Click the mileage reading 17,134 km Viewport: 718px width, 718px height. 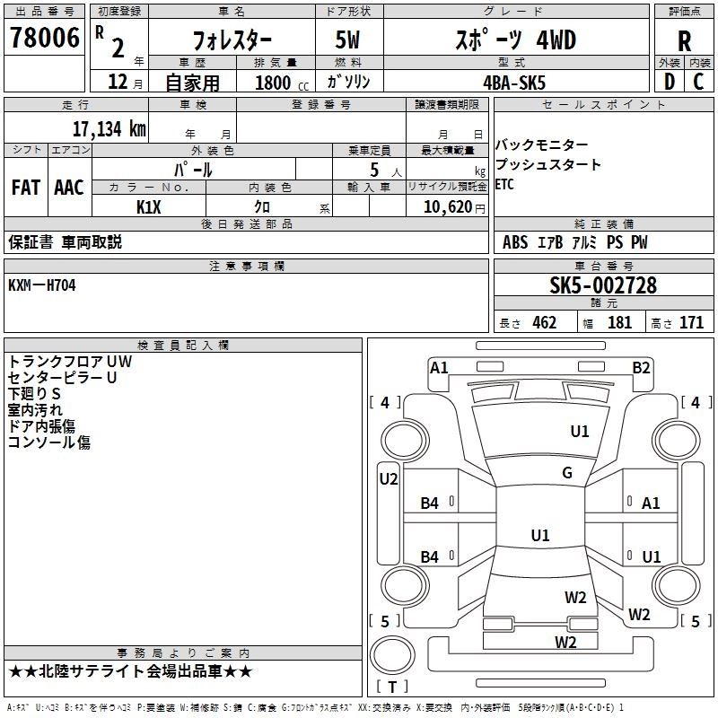click(109, 128)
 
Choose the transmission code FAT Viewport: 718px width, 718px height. click(25, 188)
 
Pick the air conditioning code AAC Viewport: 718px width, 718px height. click(69, 188)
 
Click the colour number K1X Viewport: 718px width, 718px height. click(149, 207)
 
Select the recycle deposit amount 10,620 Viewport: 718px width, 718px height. click(446, 207)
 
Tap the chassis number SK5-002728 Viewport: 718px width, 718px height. click(603, 285)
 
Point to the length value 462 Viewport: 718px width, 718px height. click(544, 323)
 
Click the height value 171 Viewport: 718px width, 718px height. click(691, 323)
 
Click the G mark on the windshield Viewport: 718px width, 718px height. click(567, 473)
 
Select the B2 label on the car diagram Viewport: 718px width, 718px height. click(641, 367)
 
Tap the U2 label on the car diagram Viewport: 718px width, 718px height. click(388, 479)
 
